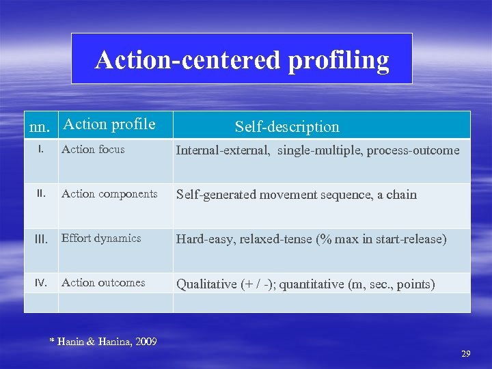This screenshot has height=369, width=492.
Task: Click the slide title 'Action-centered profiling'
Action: coord(242,60)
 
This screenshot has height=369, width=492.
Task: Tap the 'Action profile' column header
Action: coord(109,124)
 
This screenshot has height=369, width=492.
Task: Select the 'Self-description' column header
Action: coord(287,126)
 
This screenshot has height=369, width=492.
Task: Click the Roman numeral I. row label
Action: coord(40,148)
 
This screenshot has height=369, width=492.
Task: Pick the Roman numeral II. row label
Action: coord(41,193)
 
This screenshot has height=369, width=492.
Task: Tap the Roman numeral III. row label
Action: coord(41,239)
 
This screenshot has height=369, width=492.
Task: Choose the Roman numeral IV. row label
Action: coord(41,282)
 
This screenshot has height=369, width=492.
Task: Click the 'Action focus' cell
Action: coord(93,149)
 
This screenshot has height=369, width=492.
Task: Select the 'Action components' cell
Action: coord(109,193)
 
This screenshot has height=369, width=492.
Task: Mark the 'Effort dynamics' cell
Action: coord(101,238)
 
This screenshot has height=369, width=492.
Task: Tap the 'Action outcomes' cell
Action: coord(103,282)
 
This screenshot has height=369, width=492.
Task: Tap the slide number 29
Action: coord(466,353)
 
